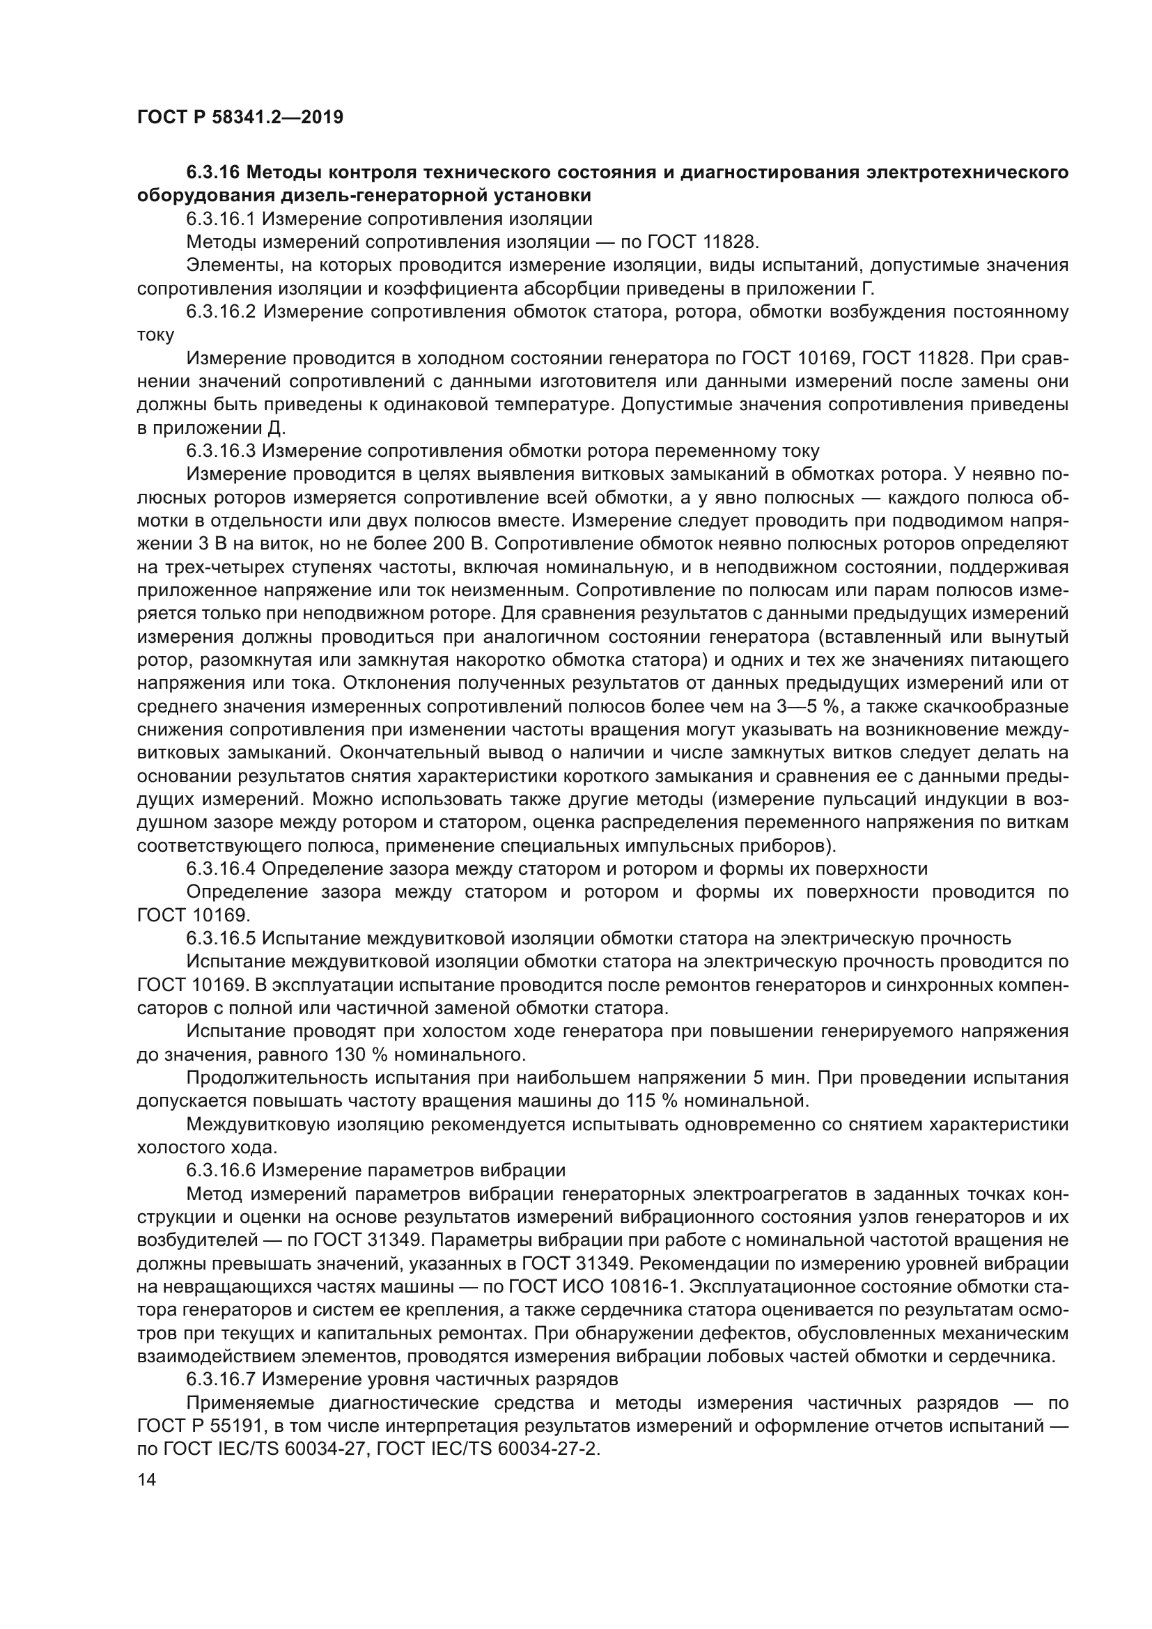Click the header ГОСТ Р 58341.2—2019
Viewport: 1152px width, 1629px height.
(x=240, y=117)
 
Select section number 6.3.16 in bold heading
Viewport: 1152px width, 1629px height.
(x=215, y=173)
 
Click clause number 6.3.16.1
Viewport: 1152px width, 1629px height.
(x=221, y=219)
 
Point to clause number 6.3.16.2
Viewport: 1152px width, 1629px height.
(x=221, y=311)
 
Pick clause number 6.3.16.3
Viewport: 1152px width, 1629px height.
(x=221, y=451)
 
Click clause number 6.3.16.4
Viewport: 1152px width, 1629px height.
(x=221, y=868)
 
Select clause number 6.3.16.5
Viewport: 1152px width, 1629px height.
(x=221, y=938)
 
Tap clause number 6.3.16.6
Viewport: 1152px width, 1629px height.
(x=221, y=1170)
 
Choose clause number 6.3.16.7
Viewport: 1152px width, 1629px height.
(x=221, y=1379)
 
